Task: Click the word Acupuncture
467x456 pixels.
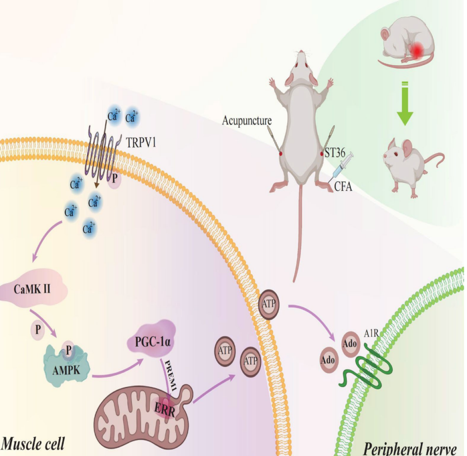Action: pos(247,121)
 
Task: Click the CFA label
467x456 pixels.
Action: pos(343,186)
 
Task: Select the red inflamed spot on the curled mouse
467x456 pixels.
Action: pos(418,50)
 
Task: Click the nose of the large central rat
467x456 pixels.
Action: pos(301,53)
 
